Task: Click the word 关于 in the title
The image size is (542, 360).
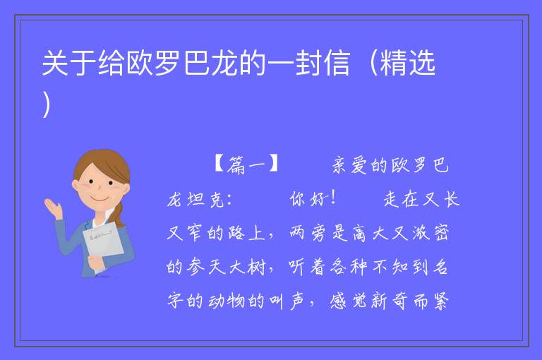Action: tap(68, 63)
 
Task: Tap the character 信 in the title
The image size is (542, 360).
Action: tap(337, 63)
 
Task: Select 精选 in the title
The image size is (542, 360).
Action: tap(407, 63)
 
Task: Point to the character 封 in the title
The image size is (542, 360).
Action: tap(308, 63)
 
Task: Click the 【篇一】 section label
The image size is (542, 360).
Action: tap(246, 164)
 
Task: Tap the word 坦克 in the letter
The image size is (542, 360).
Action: tap(207, 199)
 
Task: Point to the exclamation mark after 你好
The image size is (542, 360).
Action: tap(333, 198)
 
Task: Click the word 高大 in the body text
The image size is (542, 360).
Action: tap(371, 232)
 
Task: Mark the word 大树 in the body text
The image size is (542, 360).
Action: tap(247, 267)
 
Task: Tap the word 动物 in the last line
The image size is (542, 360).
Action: tap(227, 301)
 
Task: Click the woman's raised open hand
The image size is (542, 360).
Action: tap(53, 207)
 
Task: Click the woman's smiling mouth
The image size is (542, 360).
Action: tap(100, 200)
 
